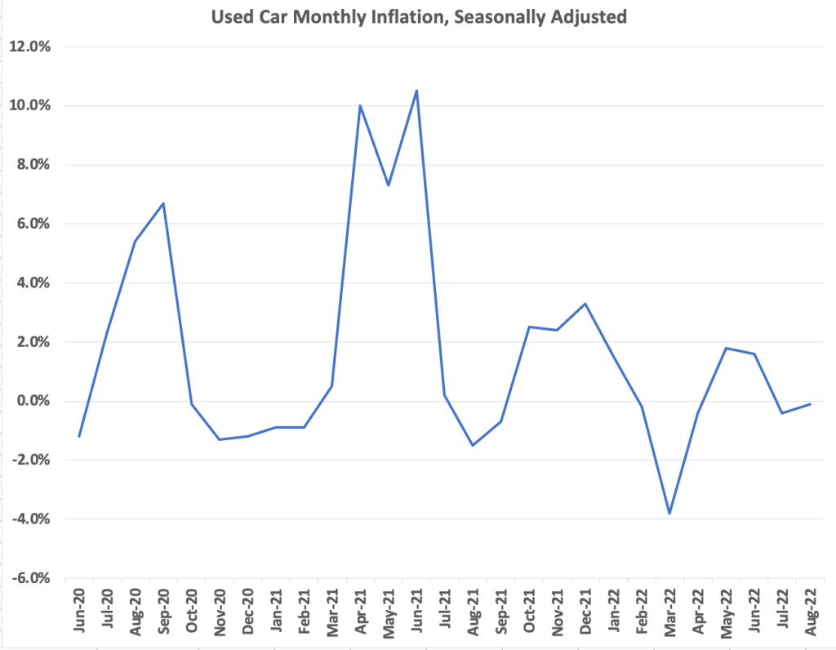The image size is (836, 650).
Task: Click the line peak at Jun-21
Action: (x=416, y=91)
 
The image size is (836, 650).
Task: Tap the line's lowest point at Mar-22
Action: (x=669, y=514)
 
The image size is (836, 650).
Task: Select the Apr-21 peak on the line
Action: (x=360, y=105)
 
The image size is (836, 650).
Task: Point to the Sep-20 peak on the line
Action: (x=163, y=203)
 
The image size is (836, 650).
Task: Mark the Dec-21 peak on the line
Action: (x=585, y=304)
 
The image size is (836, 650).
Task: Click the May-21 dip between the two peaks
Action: (x=389, y=185)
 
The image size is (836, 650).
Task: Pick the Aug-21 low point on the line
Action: (x=473, y=445)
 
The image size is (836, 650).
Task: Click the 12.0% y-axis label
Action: (x=30, y=47)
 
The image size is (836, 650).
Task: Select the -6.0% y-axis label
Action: (x=30, y=578)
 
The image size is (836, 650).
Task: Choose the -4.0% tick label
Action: (x=30, y=519)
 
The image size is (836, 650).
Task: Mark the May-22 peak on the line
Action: (x=726, y=348)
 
